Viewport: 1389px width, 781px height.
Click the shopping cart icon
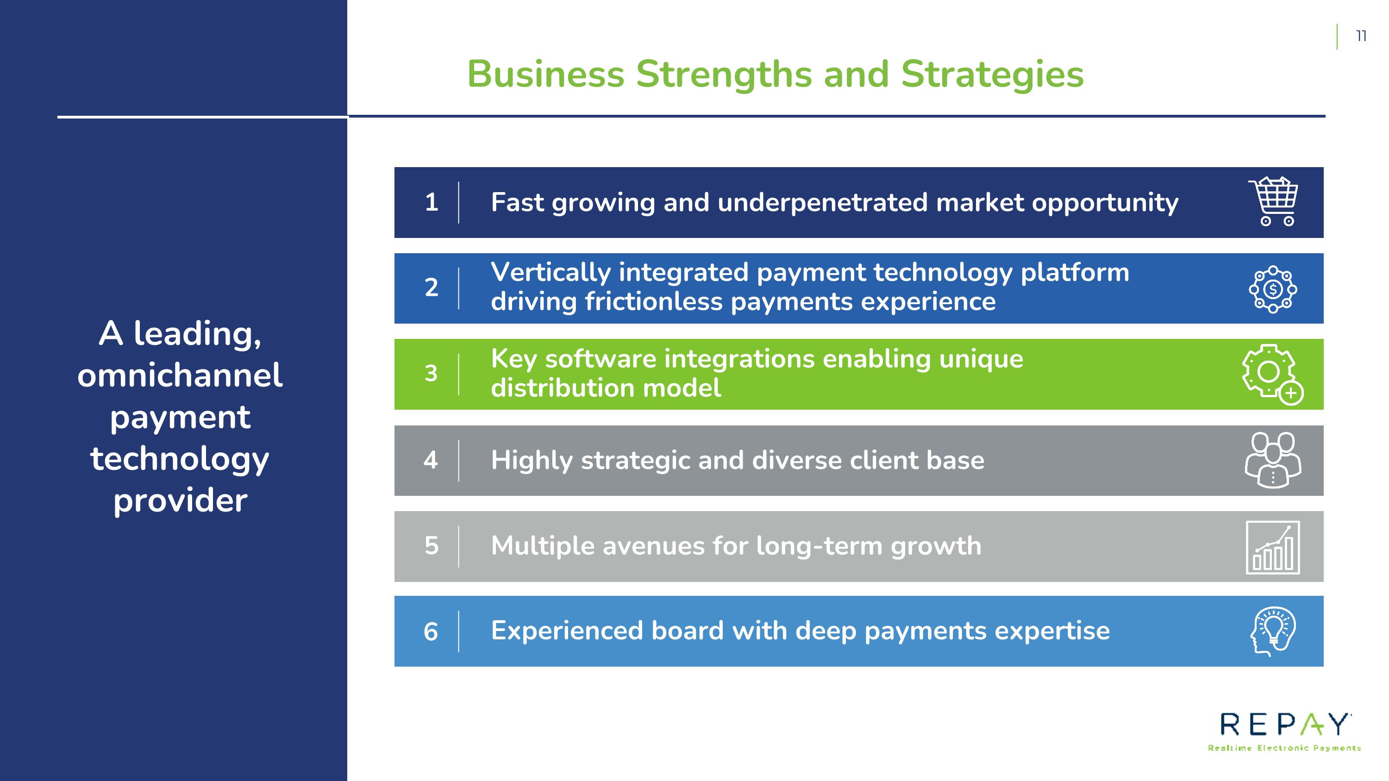pos(1274,201)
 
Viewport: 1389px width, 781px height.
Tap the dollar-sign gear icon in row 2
pos(1273,289)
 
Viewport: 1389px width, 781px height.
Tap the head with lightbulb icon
pos(1273,631)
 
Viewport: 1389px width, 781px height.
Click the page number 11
pos(1361,36)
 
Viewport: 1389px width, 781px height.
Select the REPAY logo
pos(1284,731)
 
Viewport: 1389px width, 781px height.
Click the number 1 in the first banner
pos(432,203)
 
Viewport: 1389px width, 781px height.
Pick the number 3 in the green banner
pos(431,374)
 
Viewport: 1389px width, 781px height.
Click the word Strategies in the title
pos(992,75)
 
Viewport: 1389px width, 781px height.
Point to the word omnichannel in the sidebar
pos(180,375)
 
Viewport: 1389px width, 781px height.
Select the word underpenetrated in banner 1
pos(823,203)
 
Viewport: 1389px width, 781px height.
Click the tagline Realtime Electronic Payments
pos(1284,748)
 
